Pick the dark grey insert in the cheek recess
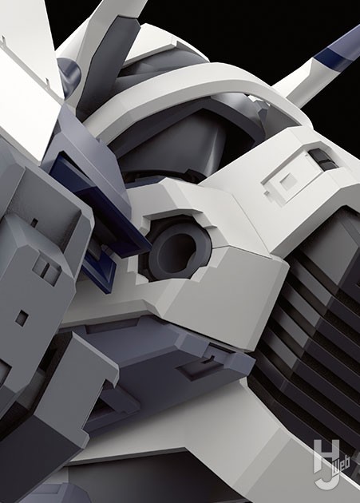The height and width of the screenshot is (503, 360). [323, 160]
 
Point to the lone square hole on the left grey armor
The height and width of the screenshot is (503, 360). [22, 317]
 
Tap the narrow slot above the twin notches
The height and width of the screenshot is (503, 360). [34, 222]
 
